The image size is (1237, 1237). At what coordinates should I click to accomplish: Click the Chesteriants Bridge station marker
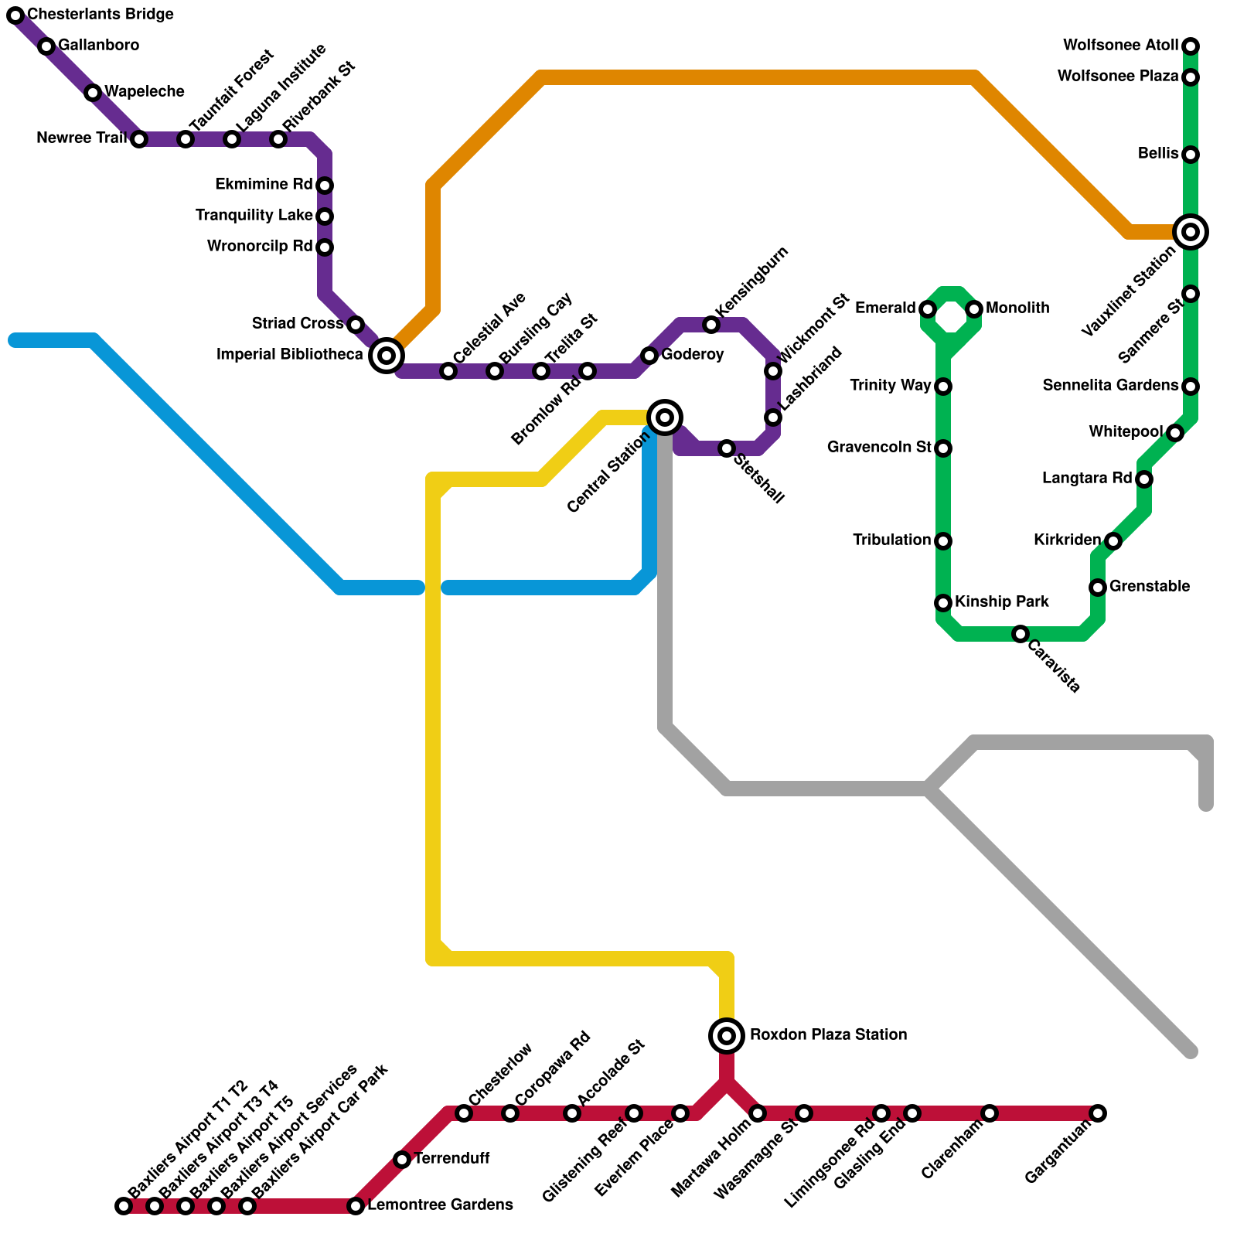(15, 15)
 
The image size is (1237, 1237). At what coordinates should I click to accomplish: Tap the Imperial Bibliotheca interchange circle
(387, 356)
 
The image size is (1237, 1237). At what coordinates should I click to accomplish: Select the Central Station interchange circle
(665, 417)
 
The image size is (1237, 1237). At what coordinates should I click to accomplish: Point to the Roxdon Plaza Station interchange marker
(727, 1035)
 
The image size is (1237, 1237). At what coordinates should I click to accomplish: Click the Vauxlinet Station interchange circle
(1191, 231)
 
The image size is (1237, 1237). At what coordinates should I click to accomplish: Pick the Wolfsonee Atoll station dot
(1191, 46)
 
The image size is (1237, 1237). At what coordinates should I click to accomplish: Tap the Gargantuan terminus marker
(1098, 1113)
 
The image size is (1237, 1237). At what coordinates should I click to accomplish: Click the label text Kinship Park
(1001, 601)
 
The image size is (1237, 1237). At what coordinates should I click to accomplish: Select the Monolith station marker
(974, 309)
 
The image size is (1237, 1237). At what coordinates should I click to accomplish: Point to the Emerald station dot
(928, 309)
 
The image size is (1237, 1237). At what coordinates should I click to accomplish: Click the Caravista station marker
(1021, 634)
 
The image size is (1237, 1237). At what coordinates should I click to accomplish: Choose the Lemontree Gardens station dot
(355, 1205)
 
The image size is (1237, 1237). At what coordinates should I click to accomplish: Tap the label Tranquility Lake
(254, 215)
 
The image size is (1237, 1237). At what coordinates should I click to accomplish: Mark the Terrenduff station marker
(401, 1159)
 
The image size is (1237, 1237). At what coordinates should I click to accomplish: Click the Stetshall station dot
(727, 448)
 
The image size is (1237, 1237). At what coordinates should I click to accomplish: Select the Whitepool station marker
(1175, 433)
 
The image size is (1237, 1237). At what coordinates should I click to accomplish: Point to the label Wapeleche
(145, 91)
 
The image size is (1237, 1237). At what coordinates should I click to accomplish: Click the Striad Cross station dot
(355, 325)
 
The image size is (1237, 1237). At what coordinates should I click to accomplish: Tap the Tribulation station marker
(943, 541)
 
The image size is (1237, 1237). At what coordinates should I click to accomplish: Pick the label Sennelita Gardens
(1110, 385)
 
